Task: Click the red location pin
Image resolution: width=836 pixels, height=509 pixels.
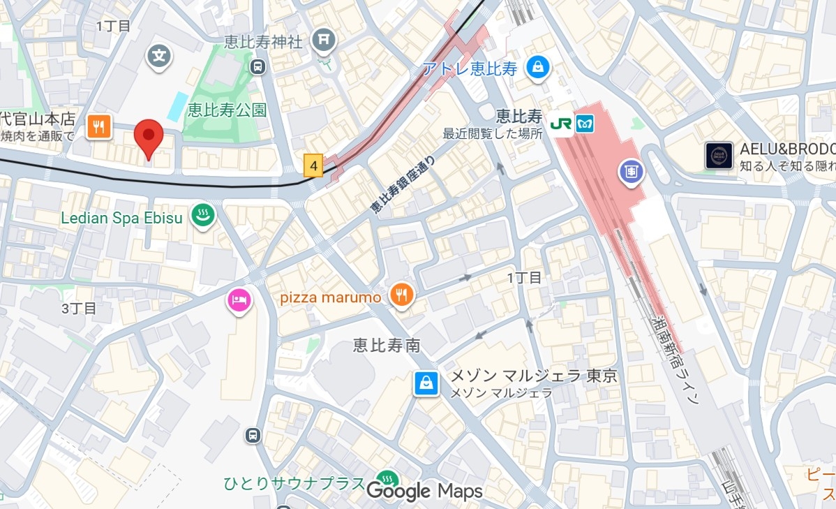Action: click(148, 136)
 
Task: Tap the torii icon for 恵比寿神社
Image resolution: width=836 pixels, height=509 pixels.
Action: click(324, 41)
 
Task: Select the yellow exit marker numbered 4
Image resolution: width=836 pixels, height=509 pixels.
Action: click(313, 166)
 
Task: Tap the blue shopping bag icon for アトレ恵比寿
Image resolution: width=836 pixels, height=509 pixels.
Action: click(538, 68)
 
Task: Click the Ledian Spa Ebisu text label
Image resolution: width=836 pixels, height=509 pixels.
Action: click(121, 218)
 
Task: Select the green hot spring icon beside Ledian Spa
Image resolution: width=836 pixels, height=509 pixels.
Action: click(203, 218)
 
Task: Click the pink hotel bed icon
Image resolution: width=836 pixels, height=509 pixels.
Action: click(239, 301)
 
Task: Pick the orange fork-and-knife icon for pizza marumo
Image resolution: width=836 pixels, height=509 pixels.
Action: click(402, 296)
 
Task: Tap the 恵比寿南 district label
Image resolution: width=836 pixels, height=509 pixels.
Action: click(386, 345)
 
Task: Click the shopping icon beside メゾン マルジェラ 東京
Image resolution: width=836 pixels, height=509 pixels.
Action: click(426, 383)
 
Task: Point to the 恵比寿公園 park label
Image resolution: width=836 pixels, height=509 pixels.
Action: click(227, 110)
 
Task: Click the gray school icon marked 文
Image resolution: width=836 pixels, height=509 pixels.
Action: click(160, 56)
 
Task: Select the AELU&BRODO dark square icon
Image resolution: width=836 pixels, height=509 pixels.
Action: click(718, 156)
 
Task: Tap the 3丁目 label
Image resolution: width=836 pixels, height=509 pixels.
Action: click(79, 308)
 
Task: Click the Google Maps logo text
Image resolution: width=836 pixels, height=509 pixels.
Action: click(424, 491)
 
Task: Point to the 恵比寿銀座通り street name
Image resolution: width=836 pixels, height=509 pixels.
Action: click(403, 184)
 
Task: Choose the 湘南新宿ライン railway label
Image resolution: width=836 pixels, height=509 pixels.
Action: click(673, 360)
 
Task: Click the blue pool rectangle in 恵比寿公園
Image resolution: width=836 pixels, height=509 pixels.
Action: click(177, 105)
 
